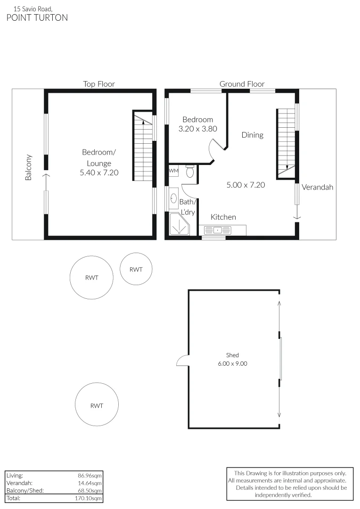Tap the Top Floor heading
tap(99, 84)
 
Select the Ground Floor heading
tap(242, 84)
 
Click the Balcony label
tap(29, 167)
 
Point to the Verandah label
tap(317, 187)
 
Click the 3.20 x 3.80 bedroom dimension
tap(198, 128)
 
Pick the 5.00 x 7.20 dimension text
tap(245, 185)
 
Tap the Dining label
tap(252, 135)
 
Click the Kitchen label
tap(223, 217)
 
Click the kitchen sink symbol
tap(217, 230)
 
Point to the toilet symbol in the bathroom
tap(190, 172)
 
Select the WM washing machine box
tap(173, 170)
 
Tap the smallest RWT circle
tap(136, 269)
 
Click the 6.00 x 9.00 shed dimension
tap(232, 363)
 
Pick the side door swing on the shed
tap(182, 361)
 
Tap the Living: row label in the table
tap(15, 476)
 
